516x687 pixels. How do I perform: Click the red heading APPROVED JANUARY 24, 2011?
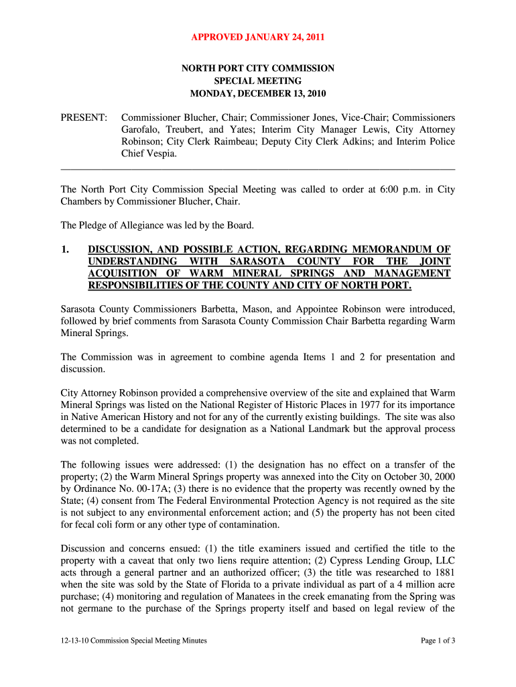258,38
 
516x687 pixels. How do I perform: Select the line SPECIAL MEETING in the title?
258,81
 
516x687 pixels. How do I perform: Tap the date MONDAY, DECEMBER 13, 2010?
258,93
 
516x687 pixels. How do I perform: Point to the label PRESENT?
84,117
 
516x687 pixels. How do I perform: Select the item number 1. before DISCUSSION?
65,250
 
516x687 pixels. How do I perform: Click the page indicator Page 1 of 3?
438,641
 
